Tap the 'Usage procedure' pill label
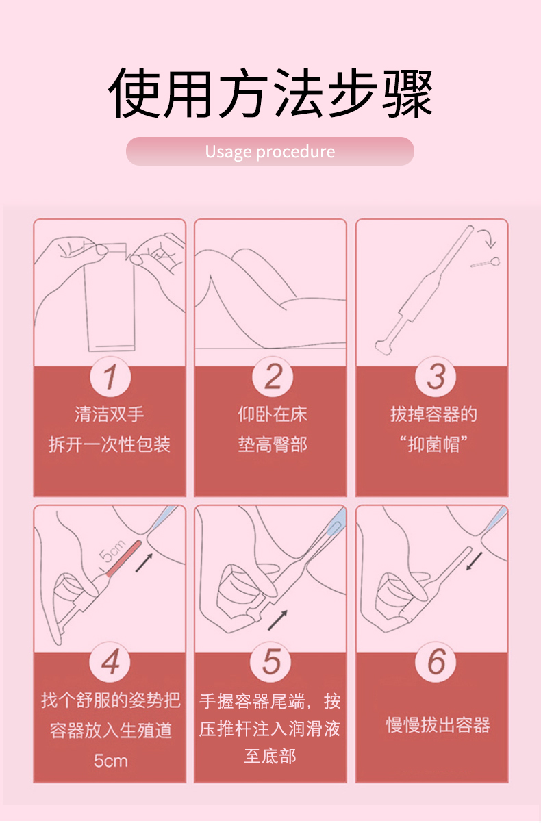point(270,151)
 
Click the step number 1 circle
point(110,377)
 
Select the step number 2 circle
point(272,377)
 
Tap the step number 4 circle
point(110,662)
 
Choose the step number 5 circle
point(272,662)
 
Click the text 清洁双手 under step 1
point(110,414)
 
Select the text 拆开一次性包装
point(110,445)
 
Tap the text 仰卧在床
point(272,414)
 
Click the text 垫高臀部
point(272,445)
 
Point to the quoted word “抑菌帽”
point(433,445)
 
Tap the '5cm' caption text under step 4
point(110,761)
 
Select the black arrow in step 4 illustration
point(143,563)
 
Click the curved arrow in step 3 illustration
point(488,239)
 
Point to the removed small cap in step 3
point(486,262)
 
